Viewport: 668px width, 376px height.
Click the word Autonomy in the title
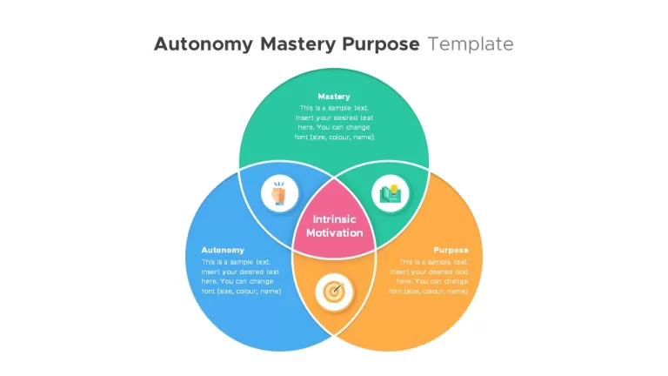pos(204,44)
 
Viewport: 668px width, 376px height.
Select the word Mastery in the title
pos(297,44)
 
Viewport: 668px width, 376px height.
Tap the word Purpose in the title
pos(380,44)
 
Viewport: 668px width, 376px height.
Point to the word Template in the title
pos(471,44)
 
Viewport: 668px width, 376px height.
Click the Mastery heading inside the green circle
pos(334,97)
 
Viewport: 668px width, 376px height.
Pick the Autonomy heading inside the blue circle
pos(223,251)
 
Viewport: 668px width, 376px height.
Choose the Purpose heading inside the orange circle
pos(451,251)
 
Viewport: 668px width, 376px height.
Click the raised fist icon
pos(279,193)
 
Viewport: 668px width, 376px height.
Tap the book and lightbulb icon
pos(391,193)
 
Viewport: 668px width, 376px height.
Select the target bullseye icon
pos(334,292)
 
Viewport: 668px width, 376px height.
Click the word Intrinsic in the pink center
pos(334,219)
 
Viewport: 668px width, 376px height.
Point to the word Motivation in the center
pos(334,232)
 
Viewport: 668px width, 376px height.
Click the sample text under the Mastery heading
pos(334,123)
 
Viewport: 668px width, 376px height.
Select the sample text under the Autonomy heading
pos(241,277)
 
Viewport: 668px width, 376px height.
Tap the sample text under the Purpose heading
pos(428,277)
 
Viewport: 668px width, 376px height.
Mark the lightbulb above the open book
pos(394,189)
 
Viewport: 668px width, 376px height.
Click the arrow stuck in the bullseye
pos(337,288)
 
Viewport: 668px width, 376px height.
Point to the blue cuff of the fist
pos(279,204)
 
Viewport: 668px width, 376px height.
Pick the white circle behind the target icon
pos(334,292)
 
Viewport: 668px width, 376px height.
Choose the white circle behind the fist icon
pos(279,193)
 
